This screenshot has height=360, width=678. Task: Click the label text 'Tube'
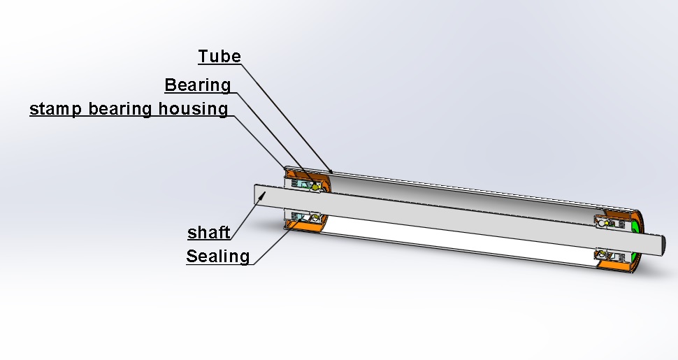pos(219,57)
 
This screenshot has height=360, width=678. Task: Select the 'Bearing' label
pos(198,85)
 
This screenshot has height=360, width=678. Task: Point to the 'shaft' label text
pos(209,233)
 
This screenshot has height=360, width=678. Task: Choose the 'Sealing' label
pos(217,257)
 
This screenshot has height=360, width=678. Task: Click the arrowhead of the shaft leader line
pos(261,197)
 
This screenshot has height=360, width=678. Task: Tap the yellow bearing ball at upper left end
pos(317,187)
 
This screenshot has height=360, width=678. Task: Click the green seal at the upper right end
pos(636,226)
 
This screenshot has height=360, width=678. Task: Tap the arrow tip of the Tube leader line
pos(331,171)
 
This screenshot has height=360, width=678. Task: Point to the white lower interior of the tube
pos(454,242)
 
